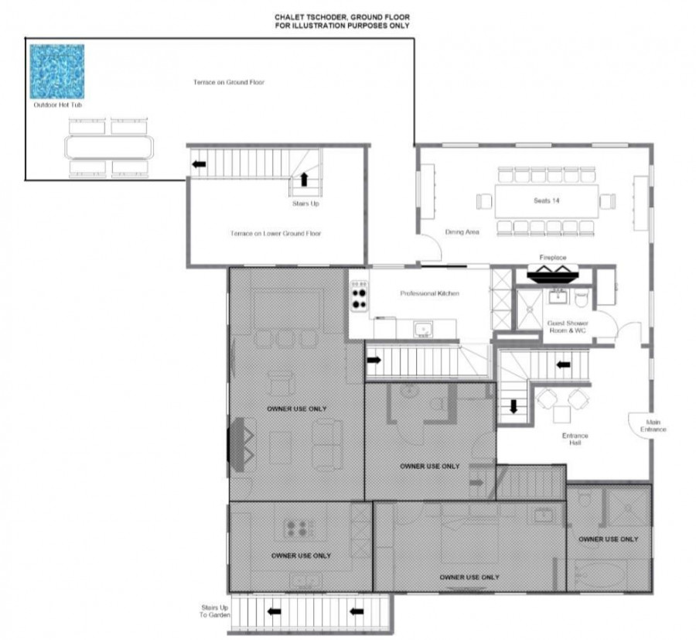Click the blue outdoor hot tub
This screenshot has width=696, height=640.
(x=56, y=71)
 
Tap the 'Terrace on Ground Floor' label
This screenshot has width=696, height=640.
(x=229, y=82)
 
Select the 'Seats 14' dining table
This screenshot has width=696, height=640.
(x=547, y=201)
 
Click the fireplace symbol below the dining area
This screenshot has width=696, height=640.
(x=553, y=274)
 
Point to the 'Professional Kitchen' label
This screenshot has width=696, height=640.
(x=430, y=293)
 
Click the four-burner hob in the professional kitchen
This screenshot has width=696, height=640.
(x=359, y=296)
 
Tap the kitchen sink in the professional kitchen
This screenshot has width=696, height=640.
(x=423, y=330)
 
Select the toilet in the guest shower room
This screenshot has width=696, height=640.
(x=581, y=298)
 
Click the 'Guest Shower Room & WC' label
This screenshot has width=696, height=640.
(x=568, y=327)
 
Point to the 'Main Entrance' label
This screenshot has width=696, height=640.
(x=653, y=426)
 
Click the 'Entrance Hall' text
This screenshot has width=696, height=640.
(x=575, y=439)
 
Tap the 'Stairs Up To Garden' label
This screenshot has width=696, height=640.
(x=214, y=611)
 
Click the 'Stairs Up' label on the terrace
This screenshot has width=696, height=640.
(x=305, y=204)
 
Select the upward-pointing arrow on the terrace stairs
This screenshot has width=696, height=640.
(x=304, y=179)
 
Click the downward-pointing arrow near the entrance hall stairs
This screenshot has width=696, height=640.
(x=513, y=407)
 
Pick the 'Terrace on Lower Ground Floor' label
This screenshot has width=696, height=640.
(x=275, y=233)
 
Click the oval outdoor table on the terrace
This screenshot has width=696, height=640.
(x=109, y=147)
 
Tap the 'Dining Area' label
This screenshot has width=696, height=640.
(x=462, y=232)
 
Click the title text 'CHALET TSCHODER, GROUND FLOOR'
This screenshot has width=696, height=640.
(x=342, y=17)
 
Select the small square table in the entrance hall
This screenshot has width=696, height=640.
(x=561, y=414)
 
